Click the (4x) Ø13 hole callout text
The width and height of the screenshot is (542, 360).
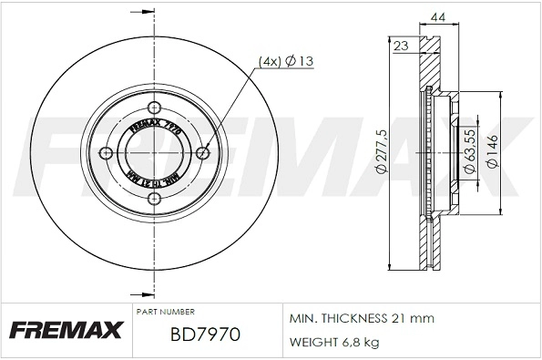[x=286, y=61]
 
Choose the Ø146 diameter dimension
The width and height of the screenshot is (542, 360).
[x=492, y=151]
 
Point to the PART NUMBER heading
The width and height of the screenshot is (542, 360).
[x=165, y=312]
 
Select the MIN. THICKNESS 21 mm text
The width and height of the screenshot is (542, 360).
[x=362, y=319]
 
